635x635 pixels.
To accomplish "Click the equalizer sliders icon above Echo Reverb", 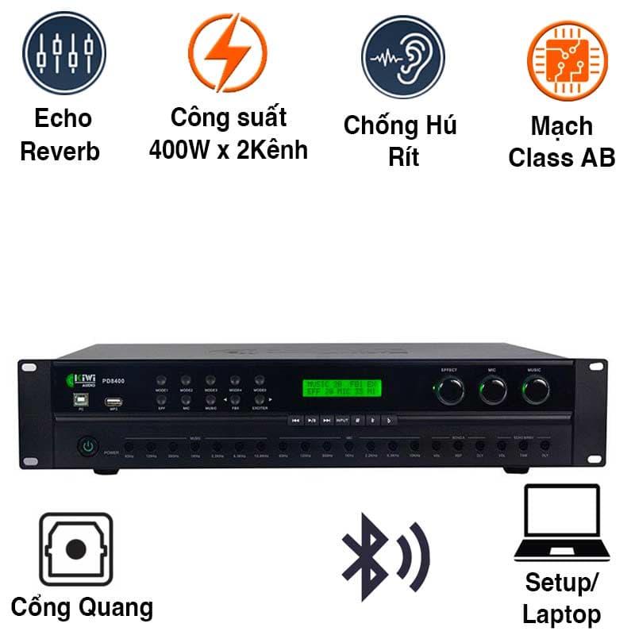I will click(x=63, y=54).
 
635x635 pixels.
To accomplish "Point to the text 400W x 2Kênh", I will click(x=228, y=148).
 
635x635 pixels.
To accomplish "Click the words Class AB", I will click(x=561, y=157).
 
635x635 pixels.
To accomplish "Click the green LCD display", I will click(x=342, y=388).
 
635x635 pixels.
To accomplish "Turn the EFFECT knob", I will click(x=451, y=389).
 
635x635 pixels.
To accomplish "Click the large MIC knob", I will click(x=492, y=389).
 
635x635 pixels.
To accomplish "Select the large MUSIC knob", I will click(x=535, y=389).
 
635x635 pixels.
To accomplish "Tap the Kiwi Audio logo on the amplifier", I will click(x=83, y=381).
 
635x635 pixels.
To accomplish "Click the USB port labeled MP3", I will click(x=113, y=400).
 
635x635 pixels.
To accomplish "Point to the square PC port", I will click(x=81, y=400).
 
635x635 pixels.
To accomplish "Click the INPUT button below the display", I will click(x=342, y=420).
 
